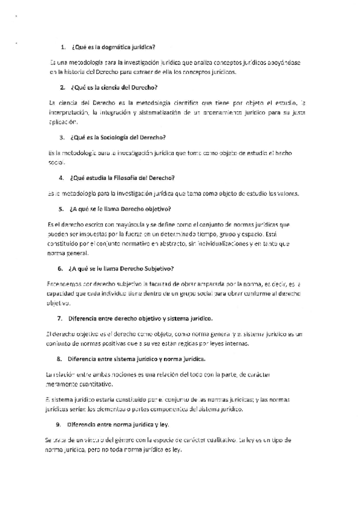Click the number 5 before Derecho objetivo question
[61, 209]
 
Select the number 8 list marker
[60, 359]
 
